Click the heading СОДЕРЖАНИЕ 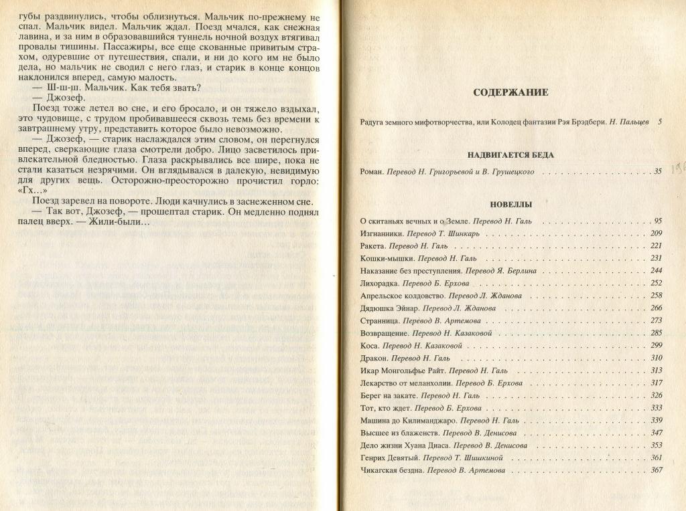pos(510,92)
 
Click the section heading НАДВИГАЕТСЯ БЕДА pos(511,155)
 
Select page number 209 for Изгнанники pos(656,233)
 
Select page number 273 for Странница pos(656,320)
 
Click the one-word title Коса pos(368,346)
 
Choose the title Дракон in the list pos(372,358)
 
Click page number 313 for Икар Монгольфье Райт pos(656,371)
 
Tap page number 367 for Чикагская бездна pos(656,470)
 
